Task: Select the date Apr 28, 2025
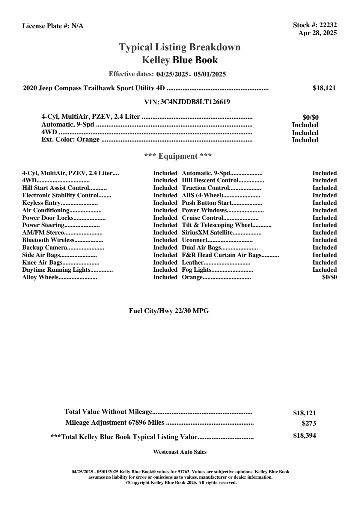coord(317,33)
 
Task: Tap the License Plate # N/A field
coord(53,26)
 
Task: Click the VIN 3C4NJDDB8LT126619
coord(195,102)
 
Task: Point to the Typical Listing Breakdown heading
coord(180,47)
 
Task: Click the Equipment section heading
coord(178,156)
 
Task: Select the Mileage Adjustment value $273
coord(309,423)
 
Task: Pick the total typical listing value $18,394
coord(305,436)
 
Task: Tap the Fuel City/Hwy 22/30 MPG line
coord(169,311)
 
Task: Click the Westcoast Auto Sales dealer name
coord(180,452)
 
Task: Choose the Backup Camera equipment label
coord(45,248)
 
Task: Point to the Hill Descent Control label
coord(210,181)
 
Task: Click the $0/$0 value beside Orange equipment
coord(329,277)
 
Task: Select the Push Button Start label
coord(207,203)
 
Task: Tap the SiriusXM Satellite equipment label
coord(207,233)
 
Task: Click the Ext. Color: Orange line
coord(70,140)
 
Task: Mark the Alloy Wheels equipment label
coord(40,277)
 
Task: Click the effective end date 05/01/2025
coord(210,74)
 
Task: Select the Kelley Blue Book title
coord(180,60)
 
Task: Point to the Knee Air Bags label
coord(42,263)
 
